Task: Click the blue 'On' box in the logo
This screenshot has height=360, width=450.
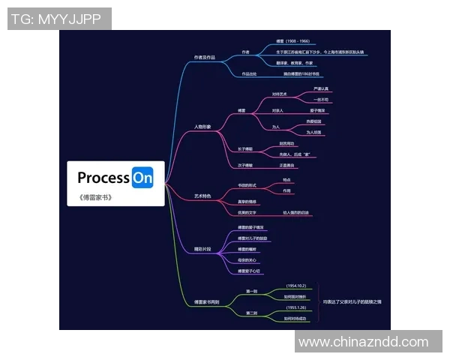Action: [x=142, y=178]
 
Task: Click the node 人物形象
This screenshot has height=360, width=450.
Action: [x=202, y=127]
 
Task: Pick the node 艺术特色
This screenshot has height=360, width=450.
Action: [x=202, y=195]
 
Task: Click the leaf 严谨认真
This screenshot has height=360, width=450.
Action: [x=321, y=89]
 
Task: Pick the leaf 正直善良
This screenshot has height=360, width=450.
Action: [x=287, y=164]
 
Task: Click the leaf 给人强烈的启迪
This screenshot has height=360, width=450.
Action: [x=296, y=213]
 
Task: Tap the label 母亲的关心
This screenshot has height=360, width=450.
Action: [x=248, y=259]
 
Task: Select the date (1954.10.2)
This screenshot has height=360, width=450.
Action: [x=296, y=286]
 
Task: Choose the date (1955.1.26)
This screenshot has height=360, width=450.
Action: [x=296, y=307]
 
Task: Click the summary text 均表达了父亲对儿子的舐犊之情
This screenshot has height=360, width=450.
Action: [x=352, y=301]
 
